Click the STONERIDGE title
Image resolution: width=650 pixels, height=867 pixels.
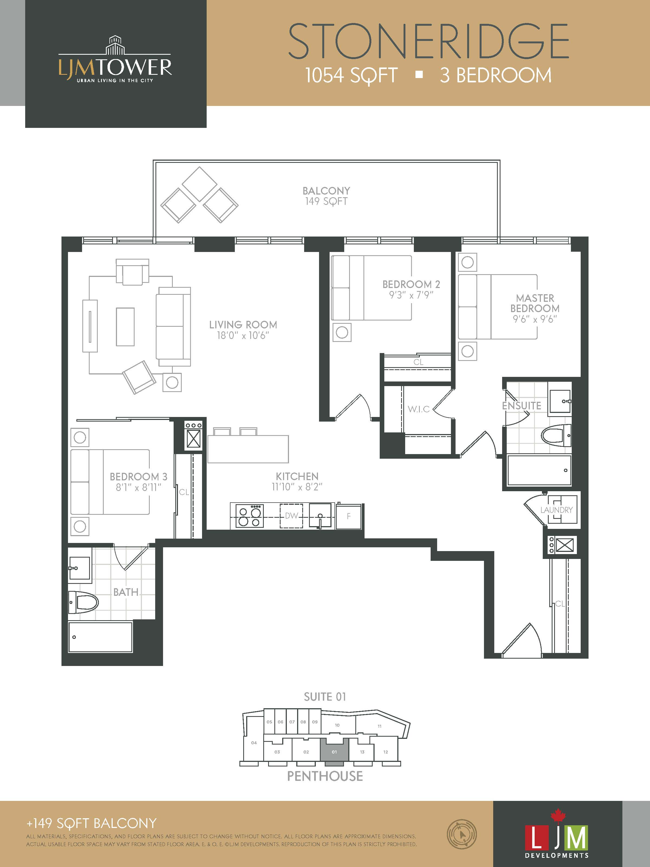428,41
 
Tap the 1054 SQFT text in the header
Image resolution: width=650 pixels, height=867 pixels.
352,75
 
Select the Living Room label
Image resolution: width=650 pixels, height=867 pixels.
243,325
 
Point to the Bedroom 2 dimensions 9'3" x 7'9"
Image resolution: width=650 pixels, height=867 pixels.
411,295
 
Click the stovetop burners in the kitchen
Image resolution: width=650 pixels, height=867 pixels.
249,516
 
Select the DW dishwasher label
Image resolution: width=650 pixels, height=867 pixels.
291,516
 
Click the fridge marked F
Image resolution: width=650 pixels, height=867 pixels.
348,516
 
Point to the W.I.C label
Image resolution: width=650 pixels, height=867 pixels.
418,409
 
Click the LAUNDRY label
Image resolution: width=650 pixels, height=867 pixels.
556,510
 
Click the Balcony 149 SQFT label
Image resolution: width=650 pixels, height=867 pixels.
326,196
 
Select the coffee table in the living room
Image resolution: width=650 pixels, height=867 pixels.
125,326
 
